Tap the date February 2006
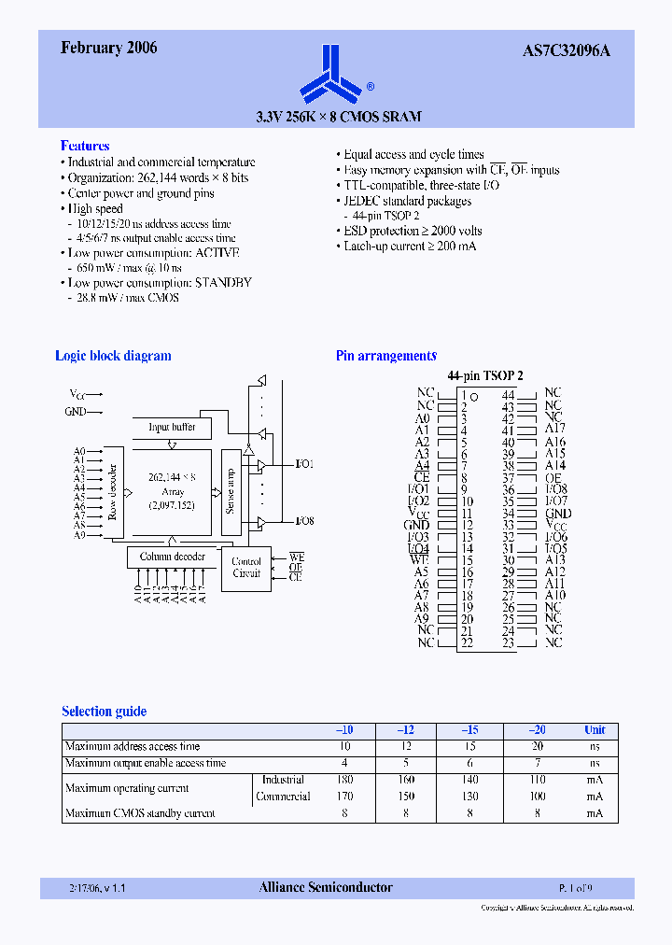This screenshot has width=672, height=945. click(109, 49)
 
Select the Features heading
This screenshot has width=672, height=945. click(85, 146)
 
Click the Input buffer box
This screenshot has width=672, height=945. click(172, 427)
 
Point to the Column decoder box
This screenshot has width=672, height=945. click(173, 557)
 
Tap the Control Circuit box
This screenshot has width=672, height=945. click(246, 568)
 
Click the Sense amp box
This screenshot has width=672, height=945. click(231, 493)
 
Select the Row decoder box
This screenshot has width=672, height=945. click(113, 492)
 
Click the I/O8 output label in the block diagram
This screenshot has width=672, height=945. click(304, 521)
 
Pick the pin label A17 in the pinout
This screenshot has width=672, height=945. click(555, 430)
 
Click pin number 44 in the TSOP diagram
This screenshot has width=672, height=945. click(508, 395)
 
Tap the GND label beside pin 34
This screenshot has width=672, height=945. click(558, 514)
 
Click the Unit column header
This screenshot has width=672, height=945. click(595, 730)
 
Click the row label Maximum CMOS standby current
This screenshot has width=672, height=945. click(140, 813)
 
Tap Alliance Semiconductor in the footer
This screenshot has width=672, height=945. click(326, 888)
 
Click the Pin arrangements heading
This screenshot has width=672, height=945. click(386, 356)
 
